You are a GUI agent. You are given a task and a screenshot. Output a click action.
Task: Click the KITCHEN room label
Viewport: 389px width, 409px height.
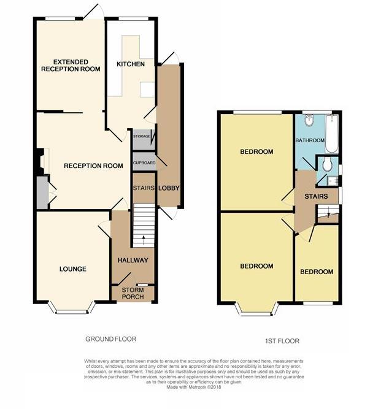[x=131, y=64]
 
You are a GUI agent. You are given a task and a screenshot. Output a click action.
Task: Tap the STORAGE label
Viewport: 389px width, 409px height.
[x=142, y=136]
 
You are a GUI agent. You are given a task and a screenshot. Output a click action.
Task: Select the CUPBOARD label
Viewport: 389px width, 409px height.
[x=144, y=163]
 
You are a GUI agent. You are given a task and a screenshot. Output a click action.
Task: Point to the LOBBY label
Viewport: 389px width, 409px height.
[x=169, y=188]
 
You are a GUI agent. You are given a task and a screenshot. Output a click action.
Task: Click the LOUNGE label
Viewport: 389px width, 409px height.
[x=73, y=269]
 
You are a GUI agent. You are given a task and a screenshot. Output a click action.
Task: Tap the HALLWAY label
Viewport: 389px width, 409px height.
[x=133, y=260]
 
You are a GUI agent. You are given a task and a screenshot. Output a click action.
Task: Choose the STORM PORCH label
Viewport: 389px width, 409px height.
[x=133, y=294]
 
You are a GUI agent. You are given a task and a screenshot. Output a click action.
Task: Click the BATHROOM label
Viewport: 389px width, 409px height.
[x=310, y=140]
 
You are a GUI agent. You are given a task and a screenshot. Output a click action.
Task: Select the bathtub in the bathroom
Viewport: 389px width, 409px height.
[x=332, y=134]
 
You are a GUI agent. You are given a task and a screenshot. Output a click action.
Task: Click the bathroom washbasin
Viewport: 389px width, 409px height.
[x=310, y=120]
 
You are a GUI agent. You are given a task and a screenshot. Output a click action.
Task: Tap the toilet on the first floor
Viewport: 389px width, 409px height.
[x=327, y=164]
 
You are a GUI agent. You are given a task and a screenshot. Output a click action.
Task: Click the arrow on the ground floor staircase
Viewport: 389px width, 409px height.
[x=144, y=240]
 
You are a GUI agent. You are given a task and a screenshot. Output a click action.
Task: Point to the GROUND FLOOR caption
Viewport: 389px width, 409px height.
[x=111, y=339]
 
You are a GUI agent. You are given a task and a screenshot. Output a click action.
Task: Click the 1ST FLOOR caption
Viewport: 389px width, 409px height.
[x=282, y=341]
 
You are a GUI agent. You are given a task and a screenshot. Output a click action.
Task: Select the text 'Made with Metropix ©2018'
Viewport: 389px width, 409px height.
[x=194, y=387]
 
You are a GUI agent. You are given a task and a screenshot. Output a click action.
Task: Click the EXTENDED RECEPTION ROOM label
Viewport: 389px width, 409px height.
[x=71, y=66]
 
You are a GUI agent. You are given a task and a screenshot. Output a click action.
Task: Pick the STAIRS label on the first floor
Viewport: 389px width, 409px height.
[x=316, y=196]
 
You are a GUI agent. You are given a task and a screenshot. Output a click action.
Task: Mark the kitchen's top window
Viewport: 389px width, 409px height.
[x=134, y=19]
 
